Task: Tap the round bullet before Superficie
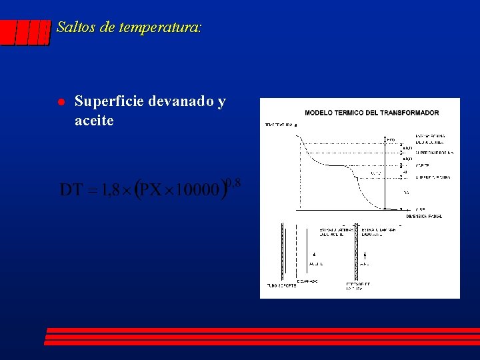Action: point(59,102)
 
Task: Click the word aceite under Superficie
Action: point(94,121)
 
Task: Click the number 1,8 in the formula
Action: point(107,191)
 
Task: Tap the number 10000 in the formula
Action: point(199,191)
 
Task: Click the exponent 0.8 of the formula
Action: point(233,181)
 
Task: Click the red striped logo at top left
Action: point(25,32)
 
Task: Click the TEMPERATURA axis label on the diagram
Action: point(279,125)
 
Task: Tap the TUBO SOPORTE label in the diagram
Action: point(281,285)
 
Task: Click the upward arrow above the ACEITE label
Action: point(314,255)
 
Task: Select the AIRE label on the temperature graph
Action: point(420,209)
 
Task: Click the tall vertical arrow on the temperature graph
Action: point(385,173)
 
